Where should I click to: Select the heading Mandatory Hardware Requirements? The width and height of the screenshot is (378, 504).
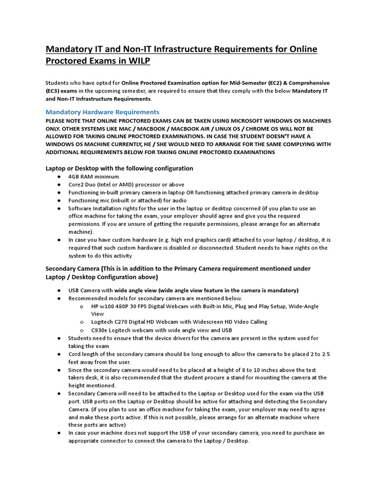(102, 112)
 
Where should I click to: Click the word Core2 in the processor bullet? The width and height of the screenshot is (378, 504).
(76, 185)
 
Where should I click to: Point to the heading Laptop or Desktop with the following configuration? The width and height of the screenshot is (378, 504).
(119, 168)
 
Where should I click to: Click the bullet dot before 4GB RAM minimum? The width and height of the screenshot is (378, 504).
(59, 176)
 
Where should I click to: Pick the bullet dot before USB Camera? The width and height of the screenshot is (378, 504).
(59, 290)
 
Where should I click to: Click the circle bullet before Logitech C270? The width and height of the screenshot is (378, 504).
(81, 322)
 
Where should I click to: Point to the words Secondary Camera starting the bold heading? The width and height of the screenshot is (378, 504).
(72, 269)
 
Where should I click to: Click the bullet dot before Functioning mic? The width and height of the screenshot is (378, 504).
(59, 200)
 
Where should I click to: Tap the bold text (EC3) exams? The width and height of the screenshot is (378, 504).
(62, 91)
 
